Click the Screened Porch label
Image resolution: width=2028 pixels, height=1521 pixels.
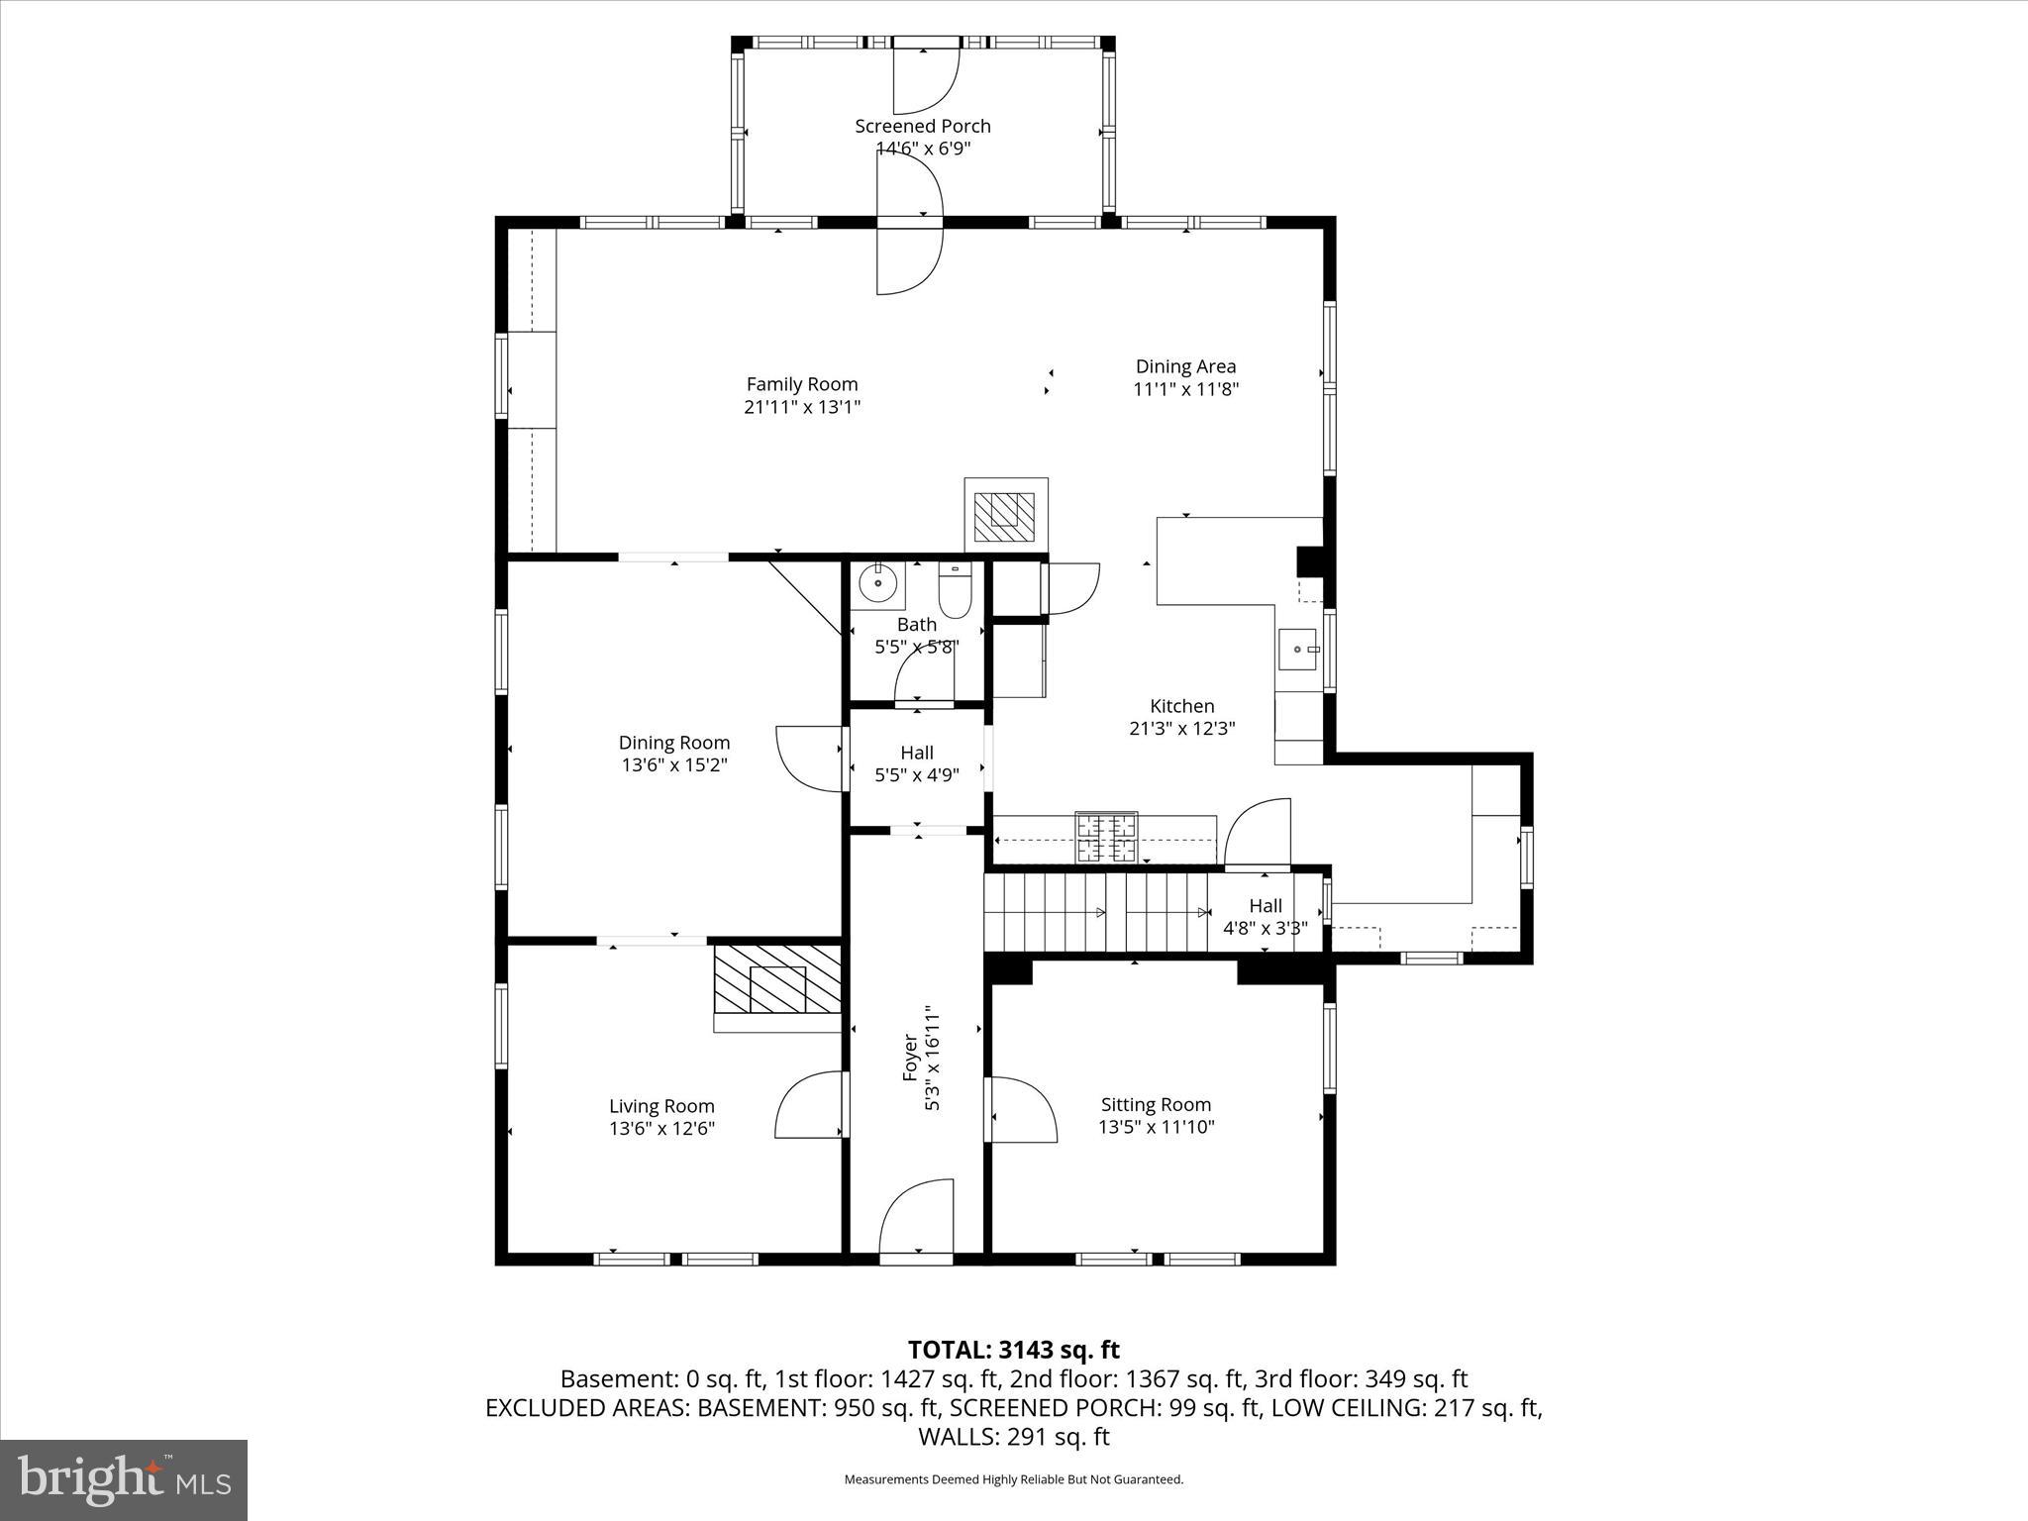click(922, 127)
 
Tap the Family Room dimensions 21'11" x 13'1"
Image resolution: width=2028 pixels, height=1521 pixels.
click(802, 407)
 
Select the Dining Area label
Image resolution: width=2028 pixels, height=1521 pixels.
click(1185, 366)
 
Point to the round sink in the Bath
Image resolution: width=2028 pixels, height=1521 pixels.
click(877, 583)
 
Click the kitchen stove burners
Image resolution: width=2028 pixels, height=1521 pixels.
click(1107, 837)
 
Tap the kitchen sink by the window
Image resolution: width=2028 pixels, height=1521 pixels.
click(1298, 650)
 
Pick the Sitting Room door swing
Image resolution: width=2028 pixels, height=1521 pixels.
click(1023, 1109)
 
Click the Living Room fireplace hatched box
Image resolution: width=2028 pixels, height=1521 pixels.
click(777, 979)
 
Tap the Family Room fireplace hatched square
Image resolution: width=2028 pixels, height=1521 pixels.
click(1005, 516)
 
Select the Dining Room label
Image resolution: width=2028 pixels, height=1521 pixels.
click(674, 743)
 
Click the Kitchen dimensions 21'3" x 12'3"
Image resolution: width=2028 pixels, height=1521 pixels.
click(1182, 729)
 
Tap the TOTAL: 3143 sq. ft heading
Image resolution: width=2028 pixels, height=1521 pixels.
click(1013, 1350)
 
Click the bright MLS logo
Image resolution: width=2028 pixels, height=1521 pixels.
click(124, 1479)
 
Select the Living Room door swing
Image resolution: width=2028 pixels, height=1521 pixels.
click(809, 1104)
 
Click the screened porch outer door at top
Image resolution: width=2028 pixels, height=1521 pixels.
click(926, 79)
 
